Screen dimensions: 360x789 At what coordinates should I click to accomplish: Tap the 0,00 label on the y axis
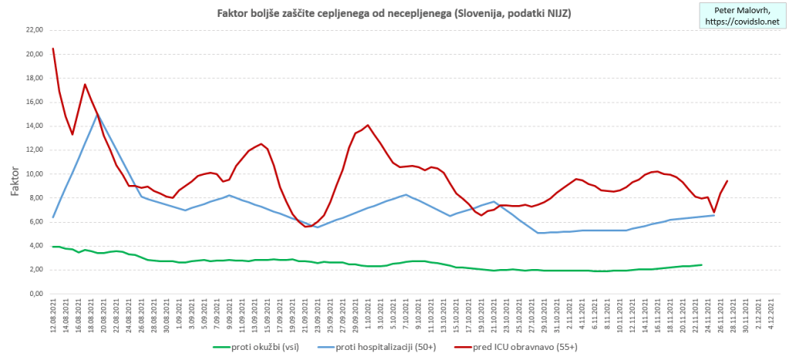click(x=35, y=294)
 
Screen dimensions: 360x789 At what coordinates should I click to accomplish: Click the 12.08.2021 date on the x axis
click(x=53, y=317)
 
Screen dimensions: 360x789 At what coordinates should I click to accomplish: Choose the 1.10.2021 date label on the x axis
click(x=368, y=315)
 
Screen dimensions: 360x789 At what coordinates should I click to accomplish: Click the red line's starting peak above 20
click(x=53, y=49)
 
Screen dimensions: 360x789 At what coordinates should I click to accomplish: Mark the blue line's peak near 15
click(x=98, y=113)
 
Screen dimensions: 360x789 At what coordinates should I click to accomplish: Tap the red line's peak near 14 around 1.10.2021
click(x=368, y=125)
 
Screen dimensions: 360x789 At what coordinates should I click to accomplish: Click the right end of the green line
click(x=701, y=265)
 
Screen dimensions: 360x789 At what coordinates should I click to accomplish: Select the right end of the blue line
click(x=714, y=215)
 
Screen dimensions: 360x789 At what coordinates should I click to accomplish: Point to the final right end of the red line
click(x=727, y=181)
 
